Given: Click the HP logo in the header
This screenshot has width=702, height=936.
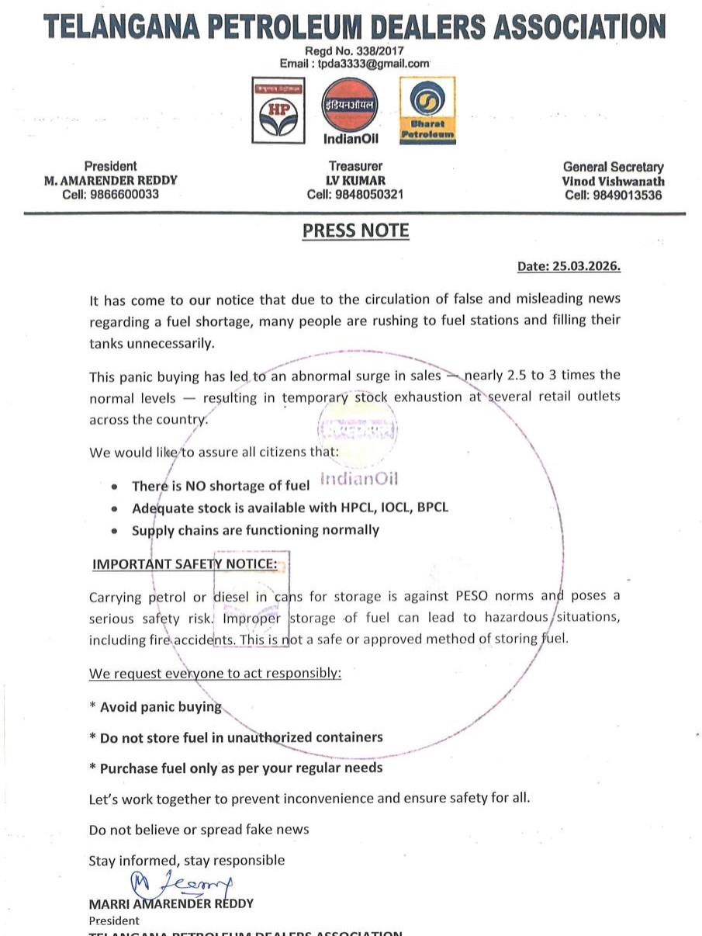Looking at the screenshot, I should point(278,110).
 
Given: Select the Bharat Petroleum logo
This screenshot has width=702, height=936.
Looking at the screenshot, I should point(427,110).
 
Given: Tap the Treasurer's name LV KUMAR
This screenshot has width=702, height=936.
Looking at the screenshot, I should point(355,180).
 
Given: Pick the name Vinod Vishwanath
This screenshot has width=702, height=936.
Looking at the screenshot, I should point(614,181).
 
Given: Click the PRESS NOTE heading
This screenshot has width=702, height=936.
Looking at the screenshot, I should point(355,231).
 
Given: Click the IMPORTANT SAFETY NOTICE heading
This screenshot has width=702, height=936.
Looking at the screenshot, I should point(185,564).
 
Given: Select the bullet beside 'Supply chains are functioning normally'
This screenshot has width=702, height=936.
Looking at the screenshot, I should point(115,532).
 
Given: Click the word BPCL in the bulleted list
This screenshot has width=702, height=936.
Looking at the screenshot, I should point(432,508).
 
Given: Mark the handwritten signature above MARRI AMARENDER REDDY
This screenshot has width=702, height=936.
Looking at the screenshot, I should point(181,882).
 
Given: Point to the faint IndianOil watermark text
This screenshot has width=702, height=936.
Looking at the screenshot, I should point(358,480).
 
